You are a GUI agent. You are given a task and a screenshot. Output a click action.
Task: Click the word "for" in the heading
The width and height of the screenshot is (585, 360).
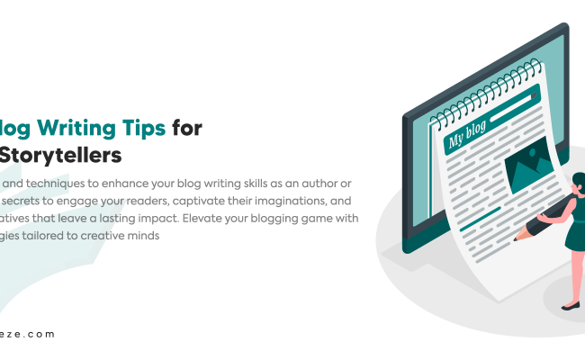point(187,128)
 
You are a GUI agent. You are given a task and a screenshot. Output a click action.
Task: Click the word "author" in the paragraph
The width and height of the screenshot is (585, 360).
point(314,183)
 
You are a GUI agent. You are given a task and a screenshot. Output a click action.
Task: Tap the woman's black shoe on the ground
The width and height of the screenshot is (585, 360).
point(570,306)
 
